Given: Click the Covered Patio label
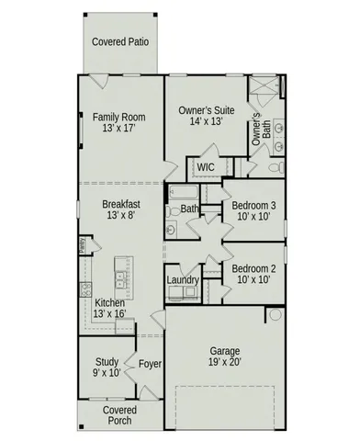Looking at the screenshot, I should click(x=121, y=41).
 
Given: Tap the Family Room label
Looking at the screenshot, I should click(x=119, y=117).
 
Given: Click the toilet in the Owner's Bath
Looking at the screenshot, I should click(x=254, y=170).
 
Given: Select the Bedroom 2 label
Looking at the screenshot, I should click(x=253, y=269).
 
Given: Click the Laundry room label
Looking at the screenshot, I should click(x=183, y=279).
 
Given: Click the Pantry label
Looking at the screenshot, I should click(x=81, y=245).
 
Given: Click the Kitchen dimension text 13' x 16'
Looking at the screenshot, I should click(x=109, y=314).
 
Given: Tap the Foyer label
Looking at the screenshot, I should click(x=150, y=365).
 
